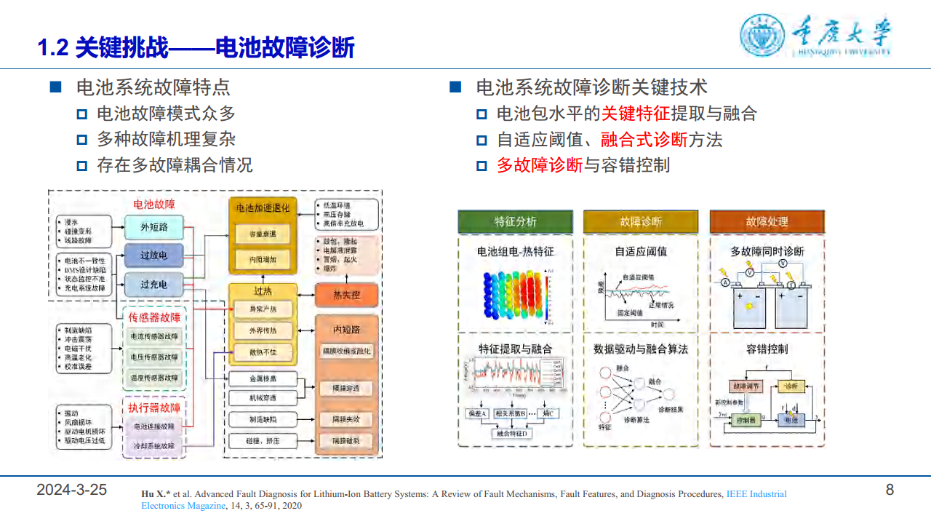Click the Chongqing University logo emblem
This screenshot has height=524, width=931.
762,35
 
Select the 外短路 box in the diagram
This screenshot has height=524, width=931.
153,227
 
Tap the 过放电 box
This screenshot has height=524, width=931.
153,255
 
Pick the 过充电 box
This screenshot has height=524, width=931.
153,285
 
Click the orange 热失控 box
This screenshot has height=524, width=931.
346,295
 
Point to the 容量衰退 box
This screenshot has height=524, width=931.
263,234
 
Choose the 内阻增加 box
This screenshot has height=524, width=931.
263,259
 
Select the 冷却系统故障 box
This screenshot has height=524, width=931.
153,445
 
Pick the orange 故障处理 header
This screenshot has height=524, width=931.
767,221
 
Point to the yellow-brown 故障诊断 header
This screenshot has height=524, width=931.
640,221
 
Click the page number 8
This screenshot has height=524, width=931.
890,490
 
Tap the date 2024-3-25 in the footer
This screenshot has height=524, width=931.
71,490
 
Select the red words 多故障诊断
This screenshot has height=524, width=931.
540,165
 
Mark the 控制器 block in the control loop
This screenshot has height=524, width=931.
748,420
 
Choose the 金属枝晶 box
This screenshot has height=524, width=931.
263,378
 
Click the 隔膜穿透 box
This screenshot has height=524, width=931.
346,388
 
